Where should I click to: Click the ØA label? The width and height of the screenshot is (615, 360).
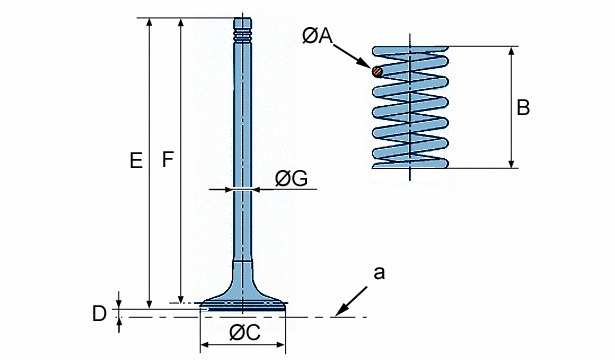(x=317, y=36)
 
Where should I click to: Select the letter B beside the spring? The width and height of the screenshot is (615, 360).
(x=523, y=107)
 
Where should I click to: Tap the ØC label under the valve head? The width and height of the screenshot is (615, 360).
(x=245, y=333)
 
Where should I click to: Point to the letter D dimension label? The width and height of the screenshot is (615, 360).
(x=99, y=314)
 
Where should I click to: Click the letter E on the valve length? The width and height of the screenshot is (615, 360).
(x=136, y=161)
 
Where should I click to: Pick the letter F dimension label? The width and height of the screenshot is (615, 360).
(x=168, y=160)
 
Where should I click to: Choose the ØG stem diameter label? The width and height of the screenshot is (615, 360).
(x=291, y=179)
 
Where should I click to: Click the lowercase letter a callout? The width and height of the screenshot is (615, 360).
(x=379, y=273)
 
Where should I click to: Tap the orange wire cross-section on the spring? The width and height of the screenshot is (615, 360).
(x=377, y=71)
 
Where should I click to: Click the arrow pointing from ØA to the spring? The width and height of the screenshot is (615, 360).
(x=351, y=56)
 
